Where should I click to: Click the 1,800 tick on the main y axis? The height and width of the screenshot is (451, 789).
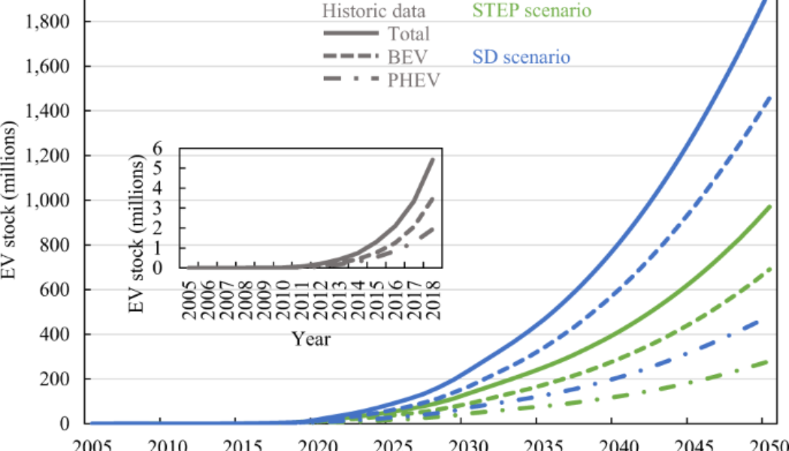click(48, 22)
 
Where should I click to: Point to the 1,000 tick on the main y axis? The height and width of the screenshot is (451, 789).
click(48, 201)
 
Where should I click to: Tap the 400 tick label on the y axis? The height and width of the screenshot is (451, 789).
click(57, 334)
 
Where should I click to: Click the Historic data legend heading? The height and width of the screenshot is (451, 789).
click(373, 11)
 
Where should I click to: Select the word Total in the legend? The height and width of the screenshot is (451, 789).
click(409, 34)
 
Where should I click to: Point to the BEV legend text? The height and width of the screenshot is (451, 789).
click(406, 57)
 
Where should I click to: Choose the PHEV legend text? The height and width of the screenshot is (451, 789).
click(413, 80)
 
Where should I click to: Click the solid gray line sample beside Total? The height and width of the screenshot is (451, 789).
click(351, 34)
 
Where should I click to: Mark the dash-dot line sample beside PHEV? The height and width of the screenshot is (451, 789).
click(351, 80)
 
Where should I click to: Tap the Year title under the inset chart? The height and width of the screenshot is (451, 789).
click(311, 339)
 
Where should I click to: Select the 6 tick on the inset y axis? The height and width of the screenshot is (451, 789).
click(168, 150)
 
